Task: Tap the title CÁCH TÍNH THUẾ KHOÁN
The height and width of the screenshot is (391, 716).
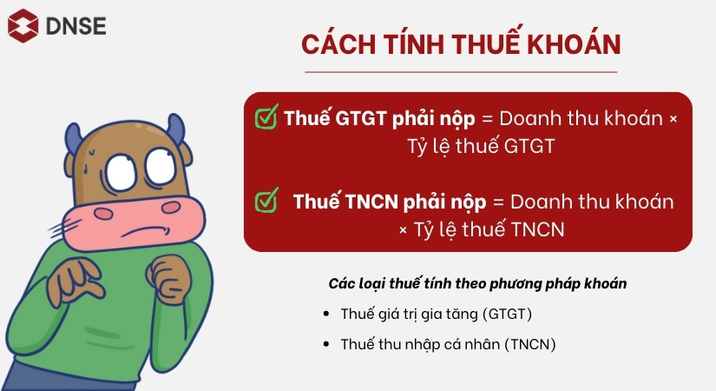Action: pos(462,45)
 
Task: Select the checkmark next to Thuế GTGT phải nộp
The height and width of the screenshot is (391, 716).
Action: pos(266,116)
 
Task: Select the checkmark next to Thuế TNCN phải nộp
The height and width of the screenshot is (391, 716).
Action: pos(266,201)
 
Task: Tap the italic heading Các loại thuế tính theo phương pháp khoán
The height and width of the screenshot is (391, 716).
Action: pos(477,284)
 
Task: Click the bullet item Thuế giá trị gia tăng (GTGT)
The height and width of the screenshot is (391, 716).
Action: pos(436,314)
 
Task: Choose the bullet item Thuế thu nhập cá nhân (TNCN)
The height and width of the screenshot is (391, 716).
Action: pos(448,344)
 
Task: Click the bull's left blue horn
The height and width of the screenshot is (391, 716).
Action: pos(72,136)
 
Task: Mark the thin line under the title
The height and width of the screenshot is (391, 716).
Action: pos(462,71)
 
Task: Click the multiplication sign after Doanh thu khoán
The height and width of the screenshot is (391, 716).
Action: pos(673,119)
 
